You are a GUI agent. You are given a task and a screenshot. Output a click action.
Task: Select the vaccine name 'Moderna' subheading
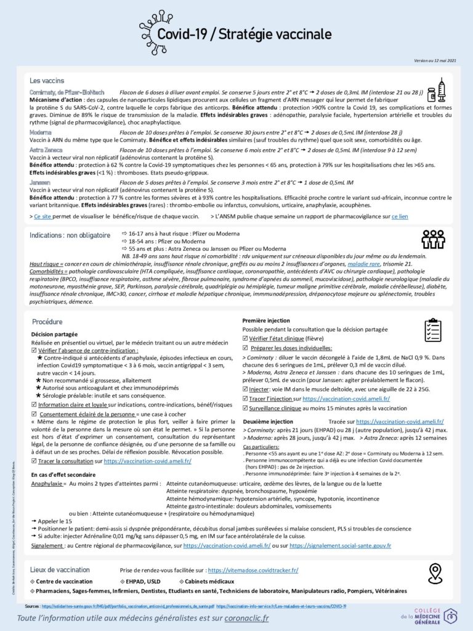pyautogui.click(x=41, y=132)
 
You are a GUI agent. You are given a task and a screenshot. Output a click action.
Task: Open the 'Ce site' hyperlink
pyautogui.click(x=42, y=217)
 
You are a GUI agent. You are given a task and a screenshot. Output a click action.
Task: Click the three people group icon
pyautogui.click(x=433, y=239)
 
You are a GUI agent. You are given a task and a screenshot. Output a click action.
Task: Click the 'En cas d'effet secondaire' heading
pyautogui.click(x=63, y=474)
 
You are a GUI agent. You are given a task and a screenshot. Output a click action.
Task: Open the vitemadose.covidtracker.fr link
pyautogui.click(x=253, y=571)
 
